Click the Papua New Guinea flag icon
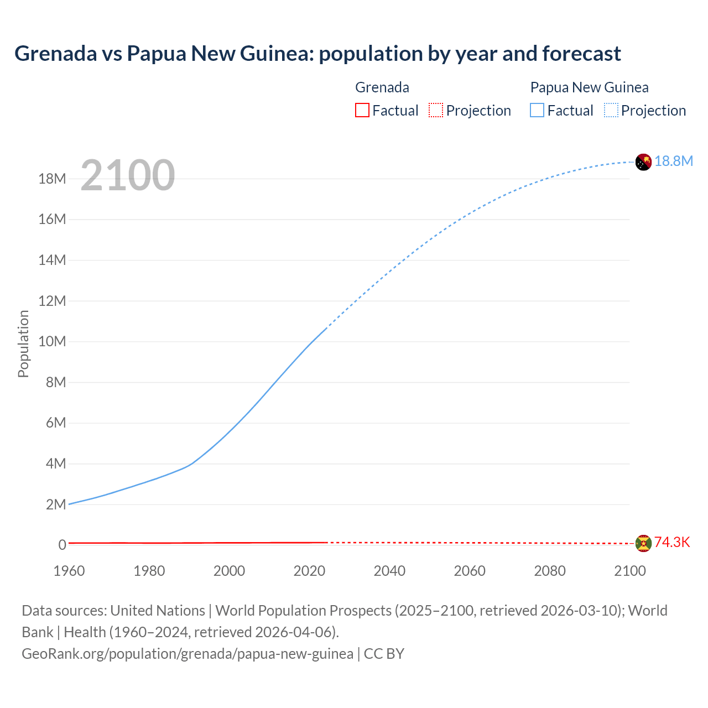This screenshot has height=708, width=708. point(643,162)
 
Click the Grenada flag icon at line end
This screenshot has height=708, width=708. point(643,543)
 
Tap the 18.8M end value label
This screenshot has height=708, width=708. point(674,161)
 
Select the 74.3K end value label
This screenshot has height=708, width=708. point(672,542)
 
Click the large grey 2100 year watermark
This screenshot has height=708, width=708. point(128,175)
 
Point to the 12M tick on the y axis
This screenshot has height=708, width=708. point(52,301)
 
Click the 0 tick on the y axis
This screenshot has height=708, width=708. point(63,545)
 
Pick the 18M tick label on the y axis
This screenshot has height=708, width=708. point(52,179)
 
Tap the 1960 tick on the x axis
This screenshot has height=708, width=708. point(69,571)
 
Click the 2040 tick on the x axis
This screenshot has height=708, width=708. point(389,571)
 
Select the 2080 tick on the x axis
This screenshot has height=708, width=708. point(550,571)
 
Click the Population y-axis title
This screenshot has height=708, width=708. point(23,343)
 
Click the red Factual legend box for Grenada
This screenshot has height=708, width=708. point(362,110)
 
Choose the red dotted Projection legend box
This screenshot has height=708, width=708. point(436,110)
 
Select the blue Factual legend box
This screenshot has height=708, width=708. point(537,110)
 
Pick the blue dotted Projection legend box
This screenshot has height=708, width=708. point(611,110)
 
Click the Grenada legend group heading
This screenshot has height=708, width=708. point(382,87)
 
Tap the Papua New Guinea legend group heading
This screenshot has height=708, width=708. point(589,87)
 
